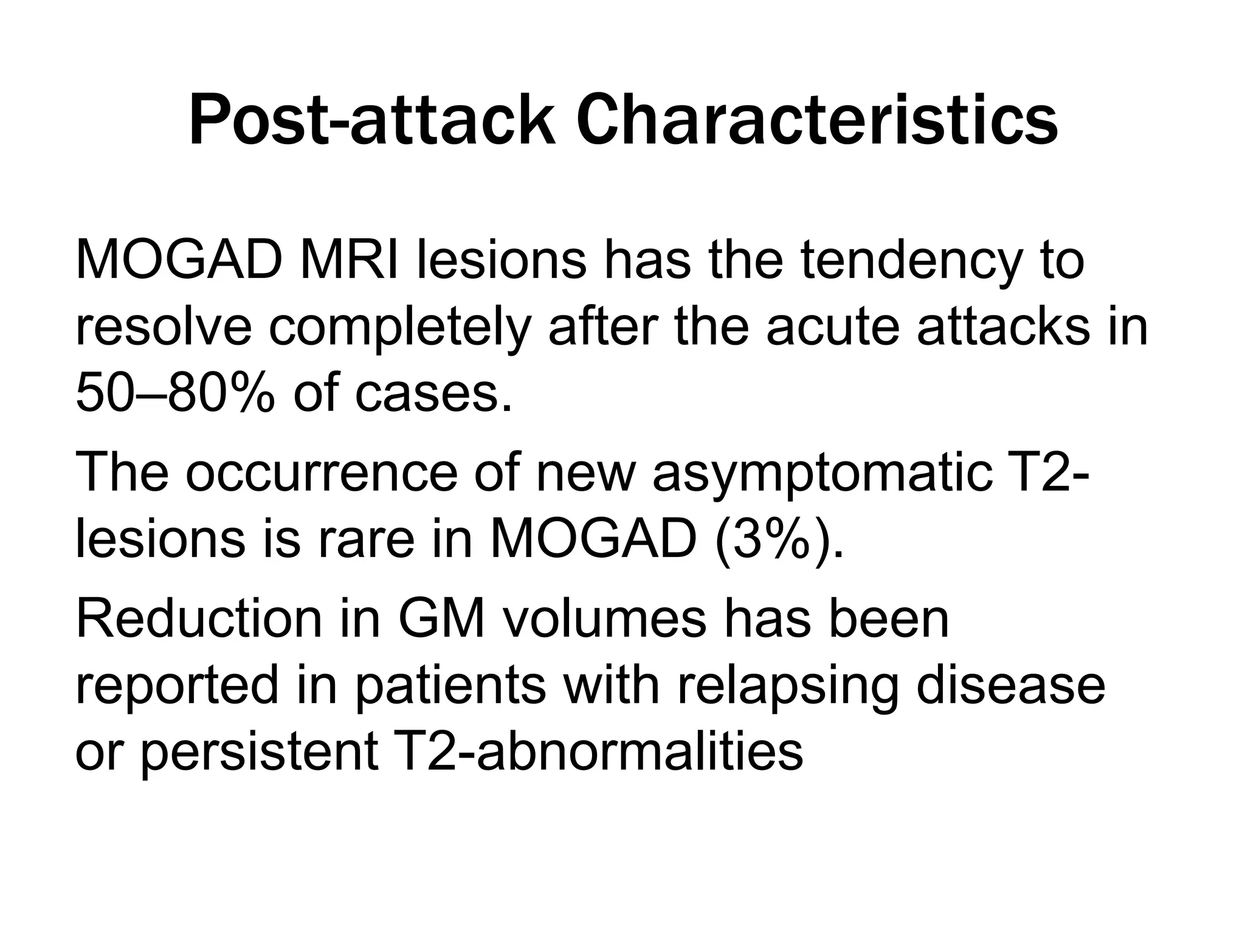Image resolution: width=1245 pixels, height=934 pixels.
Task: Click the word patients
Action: (x=450, y=686)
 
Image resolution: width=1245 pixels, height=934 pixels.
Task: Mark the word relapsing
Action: (x=784, y=686)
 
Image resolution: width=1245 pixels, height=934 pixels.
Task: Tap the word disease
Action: (x=1010, y=686)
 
